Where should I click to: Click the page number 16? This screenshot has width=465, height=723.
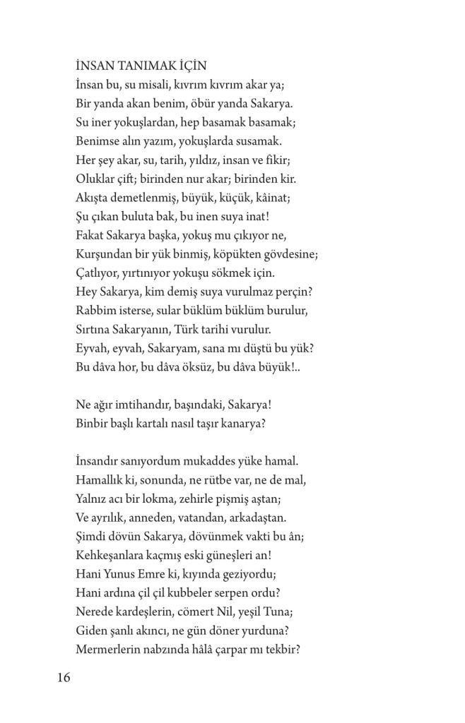point(63,679)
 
